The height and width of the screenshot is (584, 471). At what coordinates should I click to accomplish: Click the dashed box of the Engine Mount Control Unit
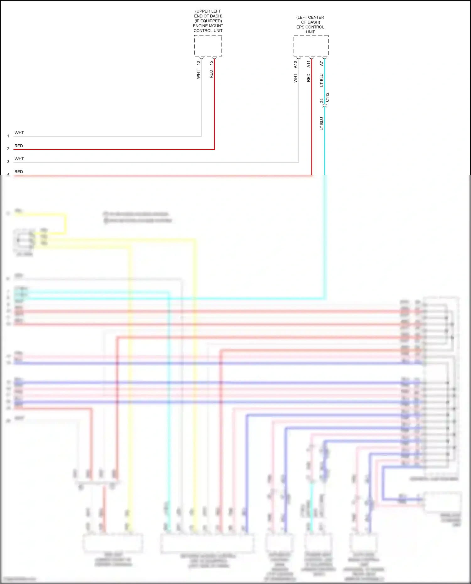pyautogui.click(x=208, y=46)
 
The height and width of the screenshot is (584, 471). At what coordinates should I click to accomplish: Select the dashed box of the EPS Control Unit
pyautogui.click(x=311, y=46)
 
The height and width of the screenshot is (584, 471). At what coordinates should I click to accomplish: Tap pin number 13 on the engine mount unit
pyautogui.click(x=198, y=63)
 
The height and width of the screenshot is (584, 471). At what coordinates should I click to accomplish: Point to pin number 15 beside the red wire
pyautogui.click(x=211, y=63)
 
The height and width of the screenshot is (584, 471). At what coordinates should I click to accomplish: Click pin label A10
pyautogui.click(x=295, y=64)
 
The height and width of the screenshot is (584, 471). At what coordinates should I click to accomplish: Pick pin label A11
pyautogui.click(x=308, y=64)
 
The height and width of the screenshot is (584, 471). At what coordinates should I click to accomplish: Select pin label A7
pyautogui.click(x=321, y=63)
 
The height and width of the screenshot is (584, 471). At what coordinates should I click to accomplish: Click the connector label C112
pyautogui.click(x=328, y=97)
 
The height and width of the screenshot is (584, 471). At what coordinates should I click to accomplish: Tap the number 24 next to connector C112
pyautogui.click(x=321, y=101)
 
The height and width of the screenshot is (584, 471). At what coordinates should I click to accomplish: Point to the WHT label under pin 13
pyautogui.click(x=198, y=74)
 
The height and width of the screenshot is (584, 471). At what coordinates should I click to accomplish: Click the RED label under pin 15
pyautogui.click(x=211, y=74)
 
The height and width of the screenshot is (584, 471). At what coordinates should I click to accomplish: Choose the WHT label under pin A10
pyautogui.click(x=295, y=78)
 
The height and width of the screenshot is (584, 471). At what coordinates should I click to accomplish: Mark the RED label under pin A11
pyautogui.click(x=308, y=78)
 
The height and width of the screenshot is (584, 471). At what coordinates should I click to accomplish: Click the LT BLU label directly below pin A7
pyautogui.click(x=321, y=80)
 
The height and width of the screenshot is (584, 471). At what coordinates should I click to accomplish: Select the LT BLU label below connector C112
pyautogui.click(x=321, y=124)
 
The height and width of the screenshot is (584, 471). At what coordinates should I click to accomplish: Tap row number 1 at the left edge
pyautogui.click(x=8, y=136)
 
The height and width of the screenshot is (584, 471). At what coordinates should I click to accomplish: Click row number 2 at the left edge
pyautogui.click(x=8, y=149)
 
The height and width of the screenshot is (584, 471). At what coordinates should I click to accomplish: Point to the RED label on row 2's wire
pyautogui.click(x=19, y=146)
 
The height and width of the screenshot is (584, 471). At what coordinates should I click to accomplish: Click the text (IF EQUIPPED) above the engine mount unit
pyautogui.click(x=208, y=21)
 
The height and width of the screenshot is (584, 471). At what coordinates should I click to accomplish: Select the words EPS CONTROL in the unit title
pyautogui.click(x=310, y=27)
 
